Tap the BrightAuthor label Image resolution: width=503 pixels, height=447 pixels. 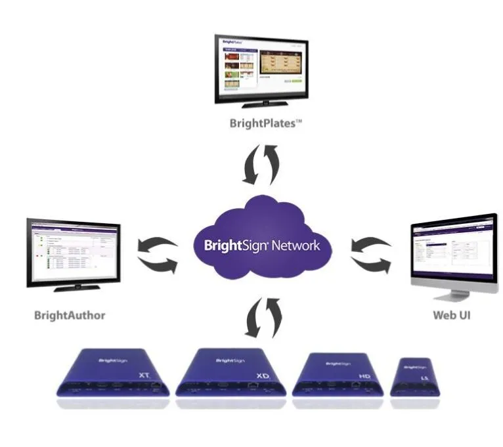coord(70,315)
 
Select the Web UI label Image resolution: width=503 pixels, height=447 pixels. coord(452,315)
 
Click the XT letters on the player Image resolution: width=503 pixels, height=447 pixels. coord(144,375)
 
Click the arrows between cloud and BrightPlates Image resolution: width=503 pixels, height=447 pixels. coord(261,165)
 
